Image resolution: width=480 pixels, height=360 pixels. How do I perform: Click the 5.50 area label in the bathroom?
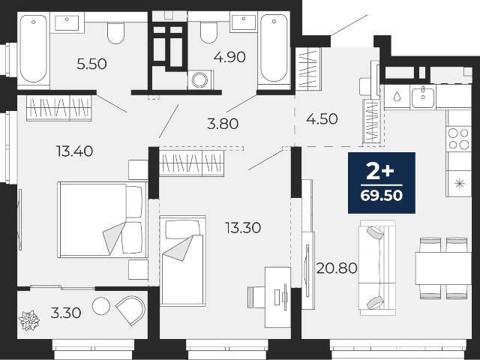[x=91, y=64]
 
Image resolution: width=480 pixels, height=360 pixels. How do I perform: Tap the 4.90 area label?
[x=229, y=57]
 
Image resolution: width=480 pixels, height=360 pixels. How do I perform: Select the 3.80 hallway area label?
[x=223, y=124]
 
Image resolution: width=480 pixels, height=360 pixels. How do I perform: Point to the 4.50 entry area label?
[x=322, y=118]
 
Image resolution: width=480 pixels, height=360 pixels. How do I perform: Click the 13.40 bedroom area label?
[x=75, y=151]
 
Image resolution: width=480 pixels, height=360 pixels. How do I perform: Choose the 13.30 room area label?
[x=243, y=228]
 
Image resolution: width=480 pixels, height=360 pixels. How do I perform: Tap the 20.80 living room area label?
[x=337, y=268]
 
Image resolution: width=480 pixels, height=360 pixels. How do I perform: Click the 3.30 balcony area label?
[x=66, y=313]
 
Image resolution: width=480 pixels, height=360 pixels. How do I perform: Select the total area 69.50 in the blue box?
[x=382, y=196]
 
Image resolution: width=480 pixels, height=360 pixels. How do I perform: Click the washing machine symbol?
[x=200, y=79]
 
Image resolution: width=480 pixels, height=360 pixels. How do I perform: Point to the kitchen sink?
[x=423, y=97]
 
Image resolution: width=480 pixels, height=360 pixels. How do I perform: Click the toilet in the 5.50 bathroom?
[x=115, y=32]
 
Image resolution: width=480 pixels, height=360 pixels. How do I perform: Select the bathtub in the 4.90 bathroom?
[x=274, y=49]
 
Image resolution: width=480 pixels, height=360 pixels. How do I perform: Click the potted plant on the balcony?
[x=29, y=320]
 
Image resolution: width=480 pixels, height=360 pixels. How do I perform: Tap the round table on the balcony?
[x=101, y=305]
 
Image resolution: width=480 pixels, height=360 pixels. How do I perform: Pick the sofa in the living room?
[x=377, y=268]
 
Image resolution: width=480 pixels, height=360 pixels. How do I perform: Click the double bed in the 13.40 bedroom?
[x=103, y=220]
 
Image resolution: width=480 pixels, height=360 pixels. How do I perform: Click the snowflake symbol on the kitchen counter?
[x=459, y=184]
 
